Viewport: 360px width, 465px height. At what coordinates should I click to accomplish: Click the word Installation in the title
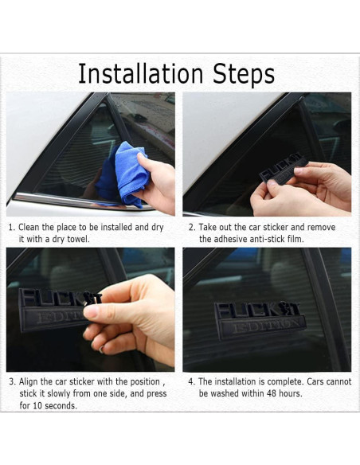140,73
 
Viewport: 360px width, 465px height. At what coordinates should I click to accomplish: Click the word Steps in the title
244,74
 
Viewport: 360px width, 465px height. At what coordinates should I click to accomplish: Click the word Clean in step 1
29,227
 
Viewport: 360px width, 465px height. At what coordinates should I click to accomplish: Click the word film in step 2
295,239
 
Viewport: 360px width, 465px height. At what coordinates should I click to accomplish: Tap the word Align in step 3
29,382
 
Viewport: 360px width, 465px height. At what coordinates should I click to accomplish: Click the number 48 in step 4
271,393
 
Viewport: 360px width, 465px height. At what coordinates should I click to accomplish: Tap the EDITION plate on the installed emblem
263,326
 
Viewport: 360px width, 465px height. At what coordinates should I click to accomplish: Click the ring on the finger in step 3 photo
101,350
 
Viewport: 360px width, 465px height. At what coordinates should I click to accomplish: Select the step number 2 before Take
192,228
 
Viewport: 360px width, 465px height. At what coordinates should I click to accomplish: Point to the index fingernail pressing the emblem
90,311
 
